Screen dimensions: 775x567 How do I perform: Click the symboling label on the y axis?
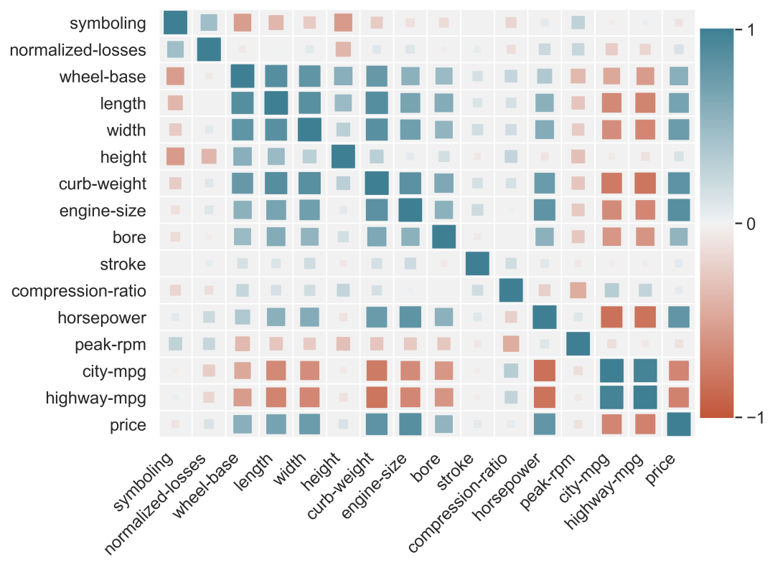(x=108, y=23)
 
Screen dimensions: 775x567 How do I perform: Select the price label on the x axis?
(x=660, y=470)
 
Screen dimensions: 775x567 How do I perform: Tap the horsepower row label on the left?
(x=102, y=318)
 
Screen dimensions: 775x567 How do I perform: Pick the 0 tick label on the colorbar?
(x=751, y=224)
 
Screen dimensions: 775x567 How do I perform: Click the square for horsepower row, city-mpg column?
(x=611, y=317)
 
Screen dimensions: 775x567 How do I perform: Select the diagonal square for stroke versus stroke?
(x=477, y=264)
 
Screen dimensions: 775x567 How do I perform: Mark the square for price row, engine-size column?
(x=410, y=424)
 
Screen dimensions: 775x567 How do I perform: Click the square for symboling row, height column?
(x=343, y=23)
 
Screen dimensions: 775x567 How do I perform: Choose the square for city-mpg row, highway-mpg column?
(x=645, y=371)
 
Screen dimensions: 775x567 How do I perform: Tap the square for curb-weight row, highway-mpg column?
(x=645, y=184)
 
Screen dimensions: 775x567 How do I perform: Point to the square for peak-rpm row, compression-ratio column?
(x=511, y=344)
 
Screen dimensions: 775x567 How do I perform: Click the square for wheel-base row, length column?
(x=276, y=76)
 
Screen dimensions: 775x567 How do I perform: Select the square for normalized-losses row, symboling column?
(x=176, y=49)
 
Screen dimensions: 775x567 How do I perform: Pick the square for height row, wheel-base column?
(x=243, y=156)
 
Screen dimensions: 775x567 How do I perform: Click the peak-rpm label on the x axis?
(x=547, y=482)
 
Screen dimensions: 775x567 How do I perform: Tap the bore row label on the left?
(x=129, y=237)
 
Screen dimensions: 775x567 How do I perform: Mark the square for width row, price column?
(x=679, y=130)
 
